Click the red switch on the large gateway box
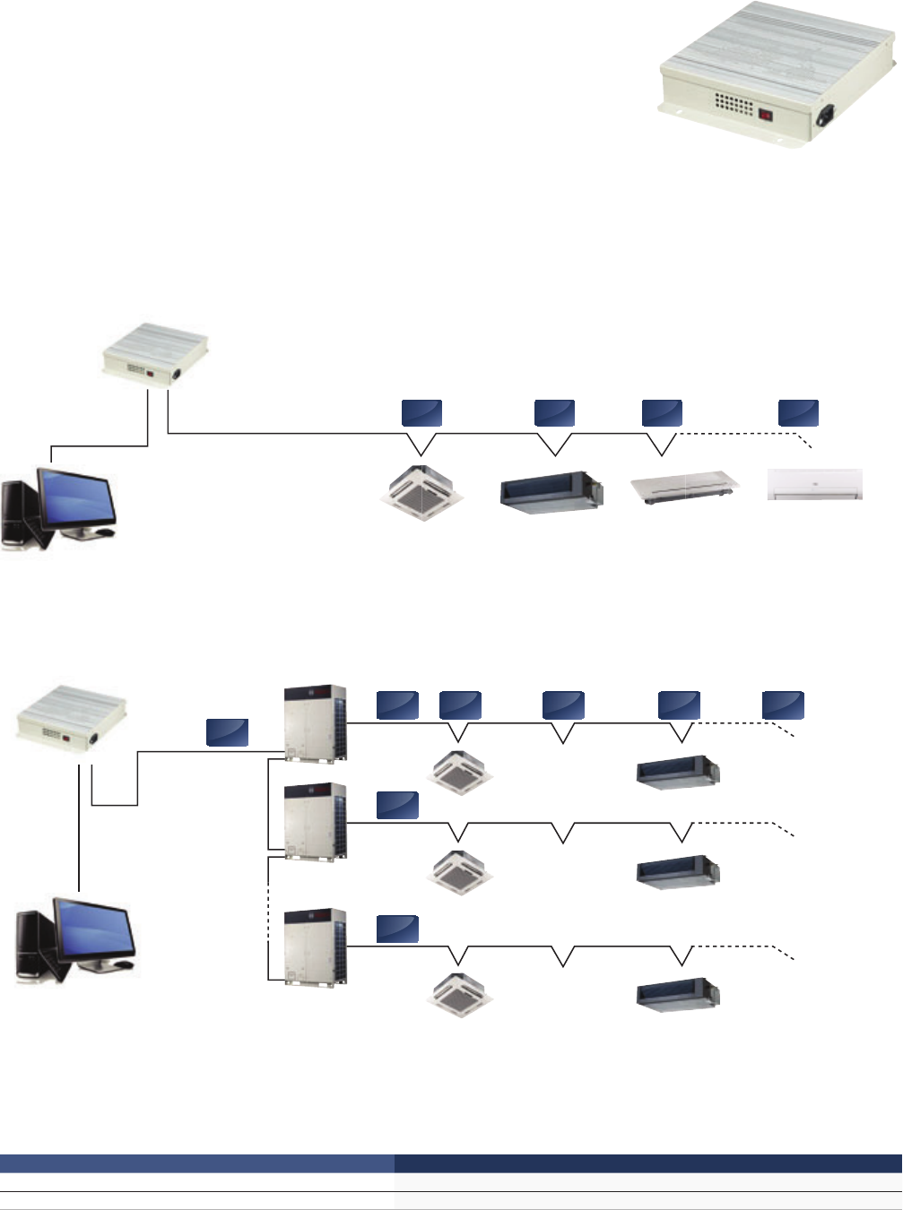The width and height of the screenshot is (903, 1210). pyautogui.click(x=765, y=115)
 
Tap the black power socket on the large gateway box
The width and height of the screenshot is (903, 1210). pyautogui.click(x=825, y=117)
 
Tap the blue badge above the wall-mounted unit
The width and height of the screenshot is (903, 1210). pyautogui.click(x=797, y=412)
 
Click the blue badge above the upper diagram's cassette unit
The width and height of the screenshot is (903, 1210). pyautogui.click(x=421, y=412)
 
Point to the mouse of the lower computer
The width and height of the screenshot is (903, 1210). pyautogui.click(x=124, y=964)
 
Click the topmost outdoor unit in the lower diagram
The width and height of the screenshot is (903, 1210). pyautogui.click(x=315, y=724)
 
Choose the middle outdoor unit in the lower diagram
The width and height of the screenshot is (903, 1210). pyautogui.click(x=315, y=822)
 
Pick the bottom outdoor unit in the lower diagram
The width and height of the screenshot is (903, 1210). pyautogui.click(x=315, y=947)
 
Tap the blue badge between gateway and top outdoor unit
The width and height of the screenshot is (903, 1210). pyautogui.click(x=227, y=731)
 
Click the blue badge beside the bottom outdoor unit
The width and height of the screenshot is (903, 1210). pyautogui.click(x=396, y=929)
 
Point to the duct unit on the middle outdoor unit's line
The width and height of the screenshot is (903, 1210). pyautogui.click(x=678, y=871)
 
